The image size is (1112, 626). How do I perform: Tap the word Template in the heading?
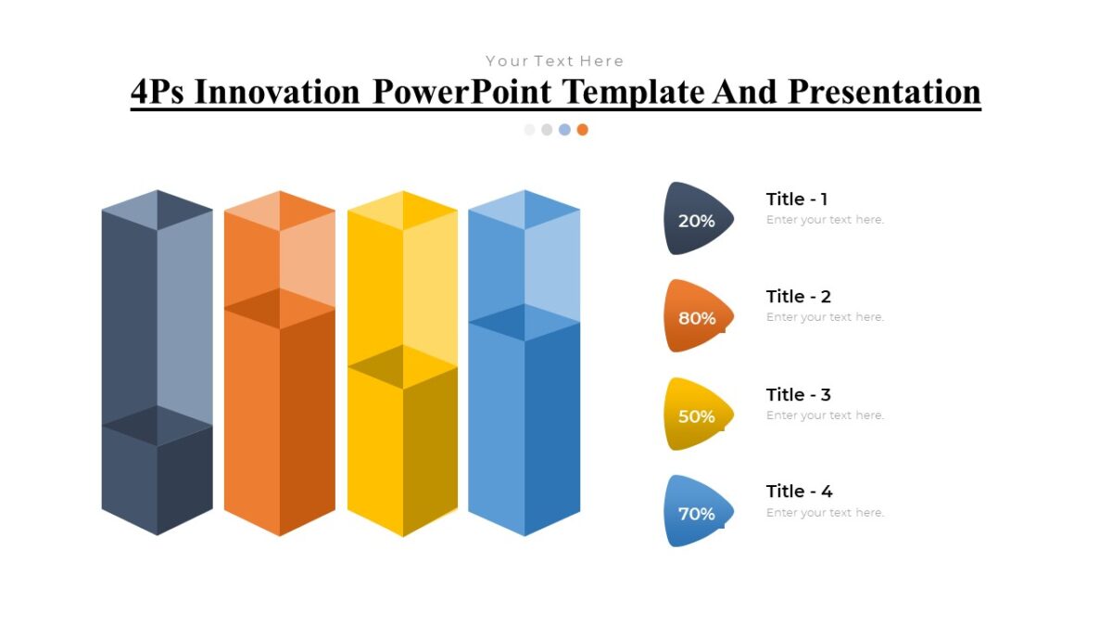pyautogui.click(x=633, y=92)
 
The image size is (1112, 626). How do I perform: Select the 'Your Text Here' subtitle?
pyautogui.click(x=554, y=61)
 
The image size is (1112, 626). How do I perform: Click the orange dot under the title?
pyautogui.click(x=582, y=130)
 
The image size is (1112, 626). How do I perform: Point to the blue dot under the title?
pyautogui.click(x=564, y=130)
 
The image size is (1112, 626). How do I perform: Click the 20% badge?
pyautogui.click(x=697, y=220)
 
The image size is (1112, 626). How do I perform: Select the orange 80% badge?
pyautogui.click(x=697, y=317)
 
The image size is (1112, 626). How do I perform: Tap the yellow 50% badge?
pyautogui.click(x=697, y=415)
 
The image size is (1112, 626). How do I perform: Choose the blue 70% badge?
pyautogui.click(x=697, y=513)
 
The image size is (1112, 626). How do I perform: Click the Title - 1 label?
pyautogui.click(x=797, y=198)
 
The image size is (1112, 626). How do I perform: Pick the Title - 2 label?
pyautogui.click(x=798, y=297)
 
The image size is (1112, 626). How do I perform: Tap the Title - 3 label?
pyautogui.click(x=798, y=394)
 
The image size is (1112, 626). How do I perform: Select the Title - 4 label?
pyautogui.click(x=798, y=492)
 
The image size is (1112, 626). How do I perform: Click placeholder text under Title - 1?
pyautogui.click(x=825, y=220)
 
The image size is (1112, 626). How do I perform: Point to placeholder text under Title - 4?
pyautogui.click(x=825, y=513)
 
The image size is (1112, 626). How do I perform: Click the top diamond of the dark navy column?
pyautogui.click(x=157, y=210)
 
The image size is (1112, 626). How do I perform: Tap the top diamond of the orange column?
pyautogui.click(x=280, y=211)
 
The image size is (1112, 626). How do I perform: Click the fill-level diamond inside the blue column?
pyautogui.click(x=524, y=323)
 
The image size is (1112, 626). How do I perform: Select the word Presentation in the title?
pyautogui.click(x=884, y=92)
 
